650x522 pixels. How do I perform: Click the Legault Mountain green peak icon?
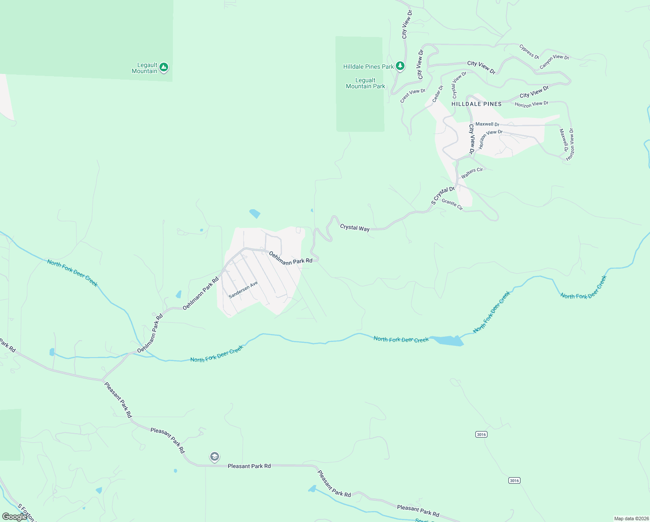tap(163, 67)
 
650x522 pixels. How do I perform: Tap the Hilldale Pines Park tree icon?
tap(400, 66)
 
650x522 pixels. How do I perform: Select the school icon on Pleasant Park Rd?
tap(214, 457)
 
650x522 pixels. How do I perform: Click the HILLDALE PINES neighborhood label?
tap(477, 104)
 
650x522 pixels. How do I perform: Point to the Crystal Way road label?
tap(355, 228)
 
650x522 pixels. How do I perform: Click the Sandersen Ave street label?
tap(243, 290)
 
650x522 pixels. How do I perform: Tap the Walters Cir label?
tap(472, 173)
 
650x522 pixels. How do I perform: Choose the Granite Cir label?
tap(452, 204)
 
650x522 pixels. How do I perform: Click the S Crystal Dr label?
tap(443, 196)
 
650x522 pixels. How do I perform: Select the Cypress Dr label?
tap(529, 52)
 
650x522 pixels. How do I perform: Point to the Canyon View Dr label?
tap(554, 61)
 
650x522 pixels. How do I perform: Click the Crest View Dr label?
tap(413, 96)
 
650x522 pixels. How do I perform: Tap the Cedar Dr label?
tap(438, 94)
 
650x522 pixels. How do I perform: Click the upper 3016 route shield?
tap(481, 435)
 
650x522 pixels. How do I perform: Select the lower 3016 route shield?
tap(514, 481)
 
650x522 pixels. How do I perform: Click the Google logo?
tap(14, 517)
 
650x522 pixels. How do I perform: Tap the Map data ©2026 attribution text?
tap(631, 519)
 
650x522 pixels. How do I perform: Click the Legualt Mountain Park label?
tap(365, 83)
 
